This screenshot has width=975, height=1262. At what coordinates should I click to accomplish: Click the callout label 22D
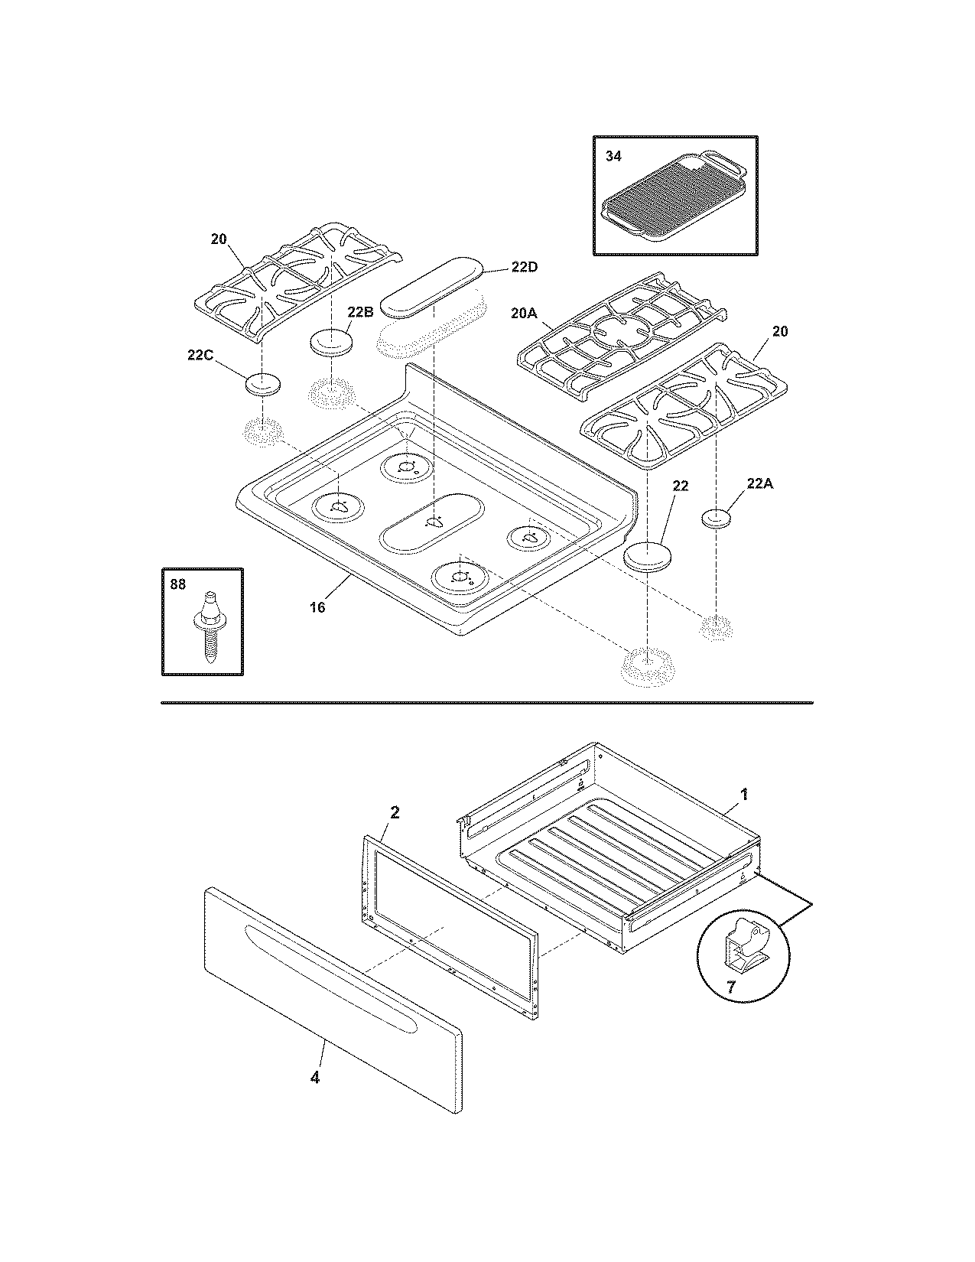tap(525, 267)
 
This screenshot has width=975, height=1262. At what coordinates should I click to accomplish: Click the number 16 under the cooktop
tap(317, 607)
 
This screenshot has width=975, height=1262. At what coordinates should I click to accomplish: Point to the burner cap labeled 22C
tap(262, 384)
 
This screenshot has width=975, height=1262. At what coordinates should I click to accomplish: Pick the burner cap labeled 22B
tap(330, 341)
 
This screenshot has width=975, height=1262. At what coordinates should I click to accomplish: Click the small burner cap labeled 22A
tap(717, 518)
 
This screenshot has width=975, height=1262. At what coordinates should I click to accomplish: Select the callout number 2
tap(395, 812)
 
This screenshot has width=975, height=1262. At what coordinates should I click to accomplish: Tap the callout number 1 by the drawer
tap(744, 795)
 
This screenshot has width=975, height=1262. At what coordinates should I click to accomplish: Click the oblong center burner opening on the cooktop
tap(433, 523)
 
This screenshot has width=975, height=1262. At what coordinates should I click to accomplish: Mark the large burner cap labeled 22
tap(648, 555)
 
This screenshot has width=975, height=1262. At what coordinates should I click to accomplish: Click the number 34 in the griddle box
tap(614, 156)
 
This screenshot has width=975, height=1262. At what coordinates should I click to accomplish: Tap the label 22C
tap(200, 356)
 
